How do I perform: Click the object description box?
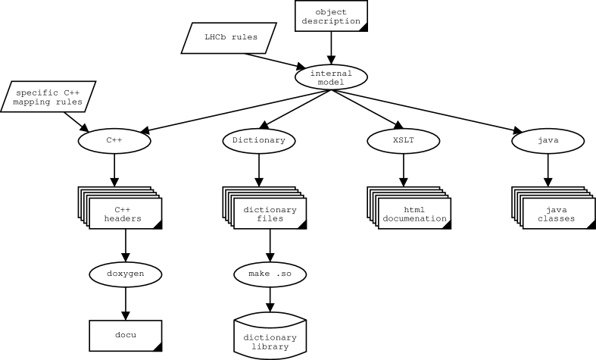point(331,16)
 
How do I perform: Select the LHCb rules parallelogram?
point(229,37)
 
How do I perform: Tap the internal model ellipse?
point(331,77)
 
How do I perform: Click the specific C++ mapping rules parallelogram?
point(48,97)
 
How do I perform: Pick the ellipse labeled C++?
point(114,140)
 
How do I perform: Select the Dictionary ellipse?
point(259,140)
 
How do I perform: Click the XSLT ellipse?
point(404,140)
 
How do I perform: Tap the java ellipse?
point(548,140)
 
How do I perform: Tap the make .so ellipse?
point(270,273)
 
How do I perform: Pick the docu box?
point(126,335)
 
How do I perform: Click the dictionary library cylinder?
point(270,337)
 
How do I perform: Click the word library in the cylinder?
point(270,347)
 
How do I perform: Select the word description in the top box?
point(331,21)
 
